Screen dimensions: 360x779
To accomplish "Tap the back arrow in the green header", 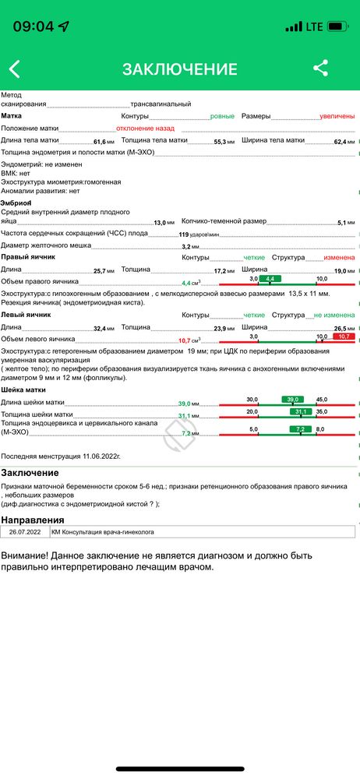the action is point(14,69).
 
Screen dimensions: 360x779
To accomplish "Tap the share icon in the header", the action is point(320,68).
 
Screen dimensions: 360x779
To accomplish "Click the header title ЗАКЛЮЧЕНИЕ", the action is point(179,69).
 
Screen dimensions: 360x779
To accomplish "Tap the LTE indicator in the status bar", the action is point(314,26).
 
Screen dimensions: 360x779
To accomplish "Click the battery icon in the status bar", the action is point(337,26).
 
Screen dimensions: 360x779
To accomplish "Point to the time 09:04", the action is point(34,26).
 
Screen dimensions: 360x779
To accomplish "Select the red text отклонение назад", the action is point(146,128).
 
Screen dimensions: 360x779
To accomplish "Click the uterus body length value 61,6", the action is point(99,142).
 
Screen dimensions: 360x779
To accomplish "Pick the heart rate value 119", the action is point(185,234).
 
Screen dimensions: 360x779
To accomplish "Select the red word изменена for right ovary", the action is point(340,257).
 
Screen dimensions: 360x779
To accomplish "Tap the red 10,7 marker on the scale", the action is point(343,337).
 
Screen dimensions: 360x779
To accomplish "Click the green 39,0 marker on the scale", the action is point(293,399).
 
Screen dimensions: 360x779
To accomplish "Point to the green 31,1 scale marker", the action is point(302,411).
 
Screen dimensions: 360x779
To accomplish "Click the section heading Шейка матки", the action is point(23,389).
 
